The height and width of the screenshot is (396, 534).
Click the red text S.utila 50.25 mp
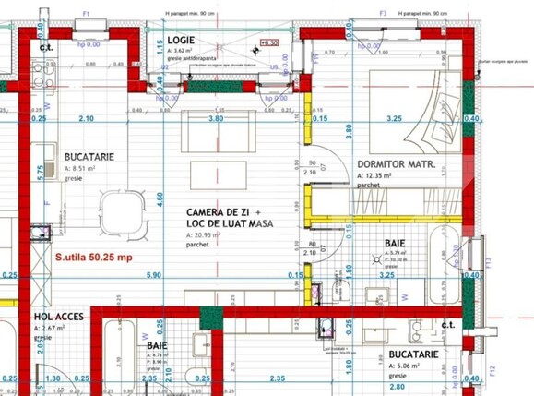coord(94,258)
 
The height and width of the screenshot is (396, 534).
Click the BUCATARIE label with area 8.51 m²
coord(90,157)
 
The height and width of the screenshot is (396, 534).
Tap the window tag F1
coord(86,15)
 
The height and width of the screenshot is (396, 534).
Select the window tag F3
coord(382,15)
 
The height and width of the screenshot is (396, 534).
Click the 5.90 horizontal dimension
coord(152,275)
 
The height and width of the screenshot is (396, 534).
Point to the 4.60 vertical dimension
coord(160,198)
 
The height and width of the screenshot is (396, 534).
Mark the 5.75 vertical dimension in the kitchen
coord(41,171)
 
